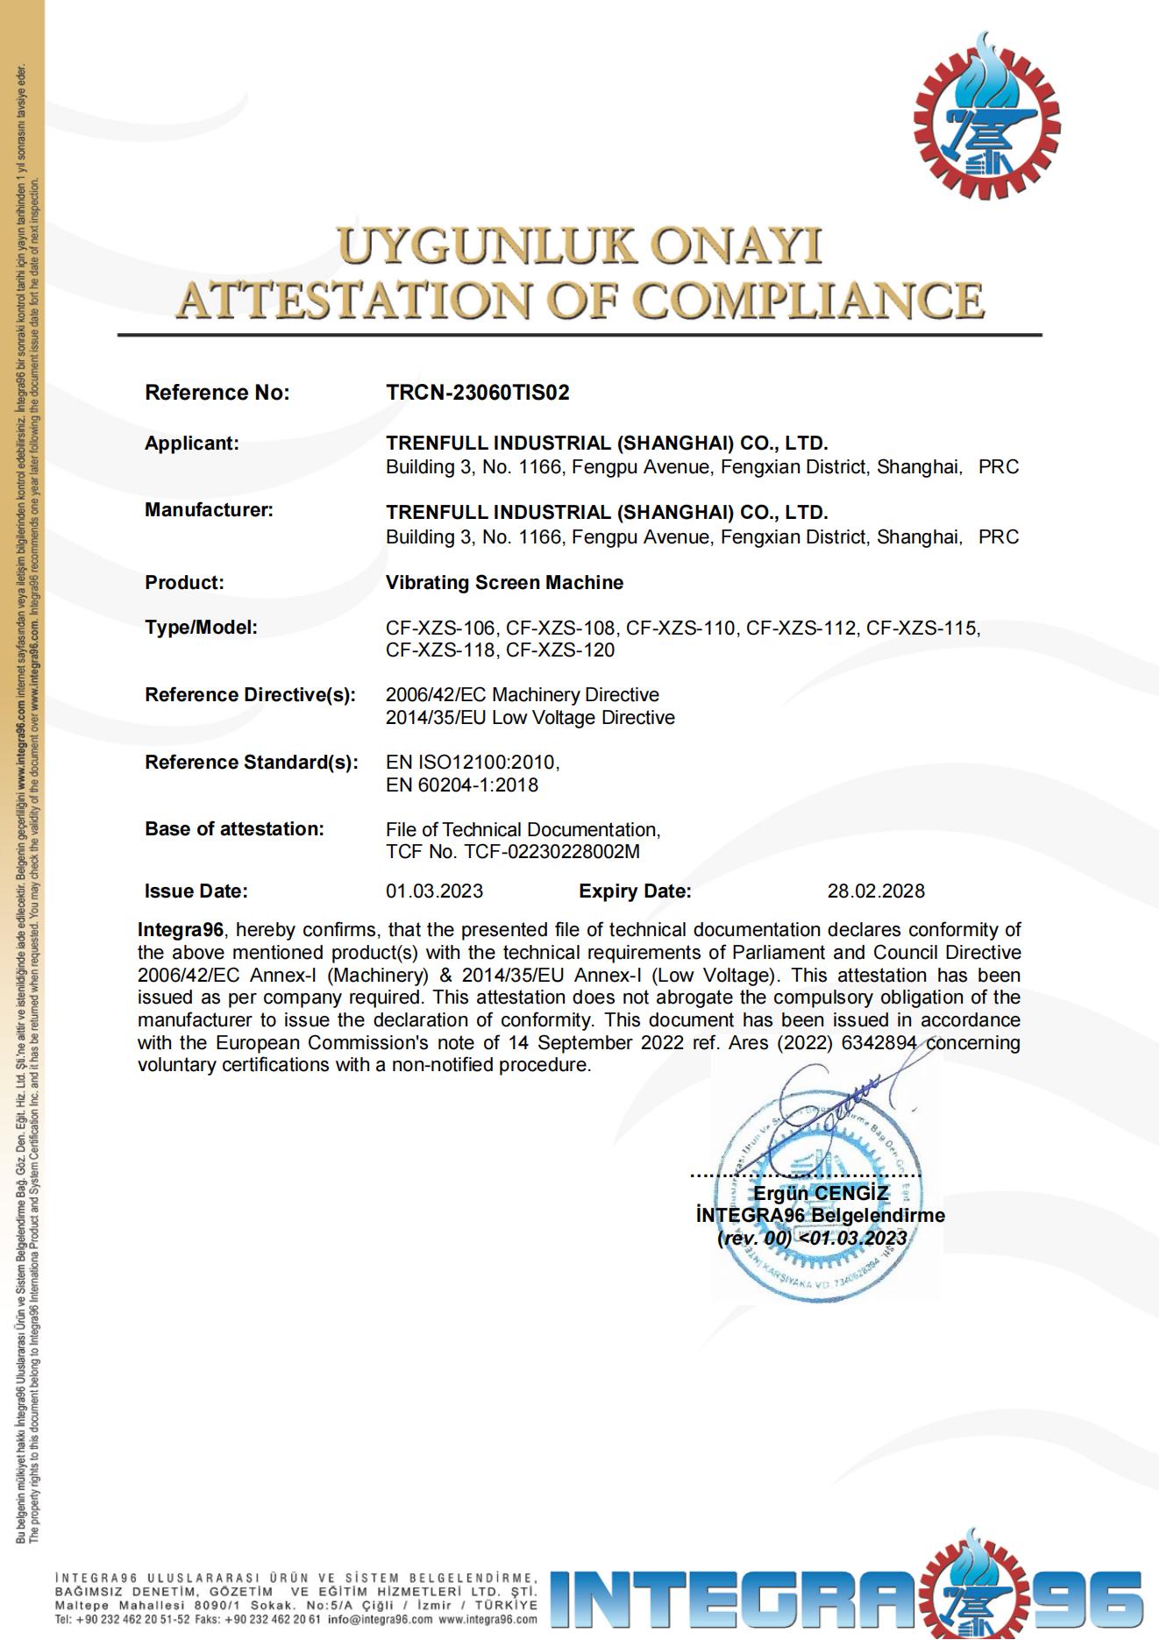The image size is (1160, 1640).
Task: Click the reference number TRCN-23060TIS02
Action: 477,393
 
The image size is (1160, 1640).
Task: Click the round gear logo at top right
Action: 986,117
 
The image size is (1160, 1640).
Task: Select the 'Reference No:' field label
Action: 217,393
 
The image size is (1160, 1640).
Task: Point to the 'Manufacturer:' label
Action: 209,510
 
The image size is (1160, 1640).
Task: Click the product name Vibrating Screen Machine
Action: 504,583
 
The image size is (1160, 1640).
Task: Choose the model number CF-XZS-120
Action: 560,650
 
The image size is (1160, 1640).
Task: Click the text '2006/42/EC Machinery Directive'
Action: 522,695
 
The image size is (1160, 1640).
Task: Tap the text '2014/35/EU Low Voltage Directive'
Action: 530,718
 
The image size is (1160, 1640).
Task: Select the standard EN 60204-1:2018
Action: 461,785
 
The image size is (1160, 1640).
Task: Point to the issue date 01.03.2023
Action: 434,891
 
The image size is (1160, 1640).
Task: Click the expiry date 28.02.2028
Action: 875,891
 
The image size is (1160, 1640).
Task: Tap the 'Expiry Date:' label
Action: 635,891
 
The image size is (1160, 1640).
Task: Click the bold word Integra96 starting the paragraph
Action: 180,930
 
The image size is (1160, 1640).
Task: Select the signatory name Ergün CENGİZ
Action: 821,1193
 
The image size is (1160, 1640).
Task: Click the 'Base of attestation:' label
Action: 234,829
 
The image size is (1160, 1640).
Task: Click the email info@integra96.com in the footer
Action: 380,1620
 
